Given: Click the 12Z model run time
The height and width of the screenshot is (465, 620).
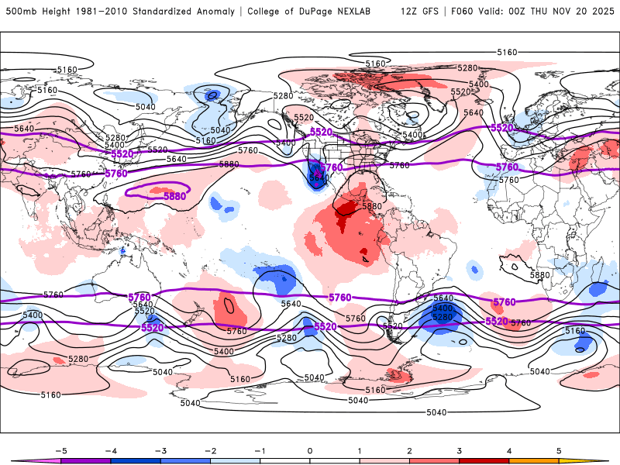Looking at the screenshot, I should pos(410,12).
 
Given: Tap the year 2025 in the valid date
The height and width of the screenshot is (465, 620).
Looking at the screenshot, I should pos(603,12).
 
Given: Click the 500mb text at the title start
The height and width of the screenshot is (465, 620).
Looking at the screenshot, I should pos(19,12).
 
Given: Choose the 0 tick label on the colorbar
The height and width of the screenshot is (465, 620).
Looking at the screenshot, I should pos(310,450).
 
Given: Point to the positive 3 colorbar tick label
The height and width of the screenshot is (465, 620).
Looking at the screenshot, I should pos(460,450).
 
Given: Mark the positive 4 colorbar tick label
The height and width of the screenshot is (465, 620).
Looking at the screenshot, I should pos(509,450).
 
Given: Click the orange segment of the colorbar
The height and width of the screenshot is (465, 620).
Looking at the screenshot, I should pos(534,461).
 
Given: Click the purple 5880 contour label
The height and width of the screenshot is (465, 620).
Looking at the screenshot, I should pos(174,197).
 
